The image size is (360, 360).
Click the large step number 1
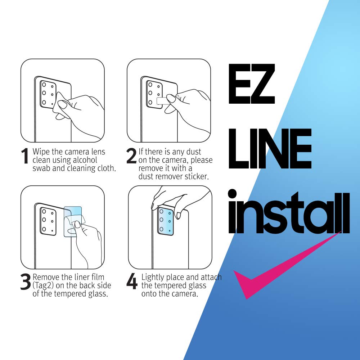coord(25,157)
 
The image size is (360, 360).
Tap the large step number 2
coord(131,157)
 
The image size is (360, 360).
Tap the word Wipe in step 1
coord(40,152)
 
